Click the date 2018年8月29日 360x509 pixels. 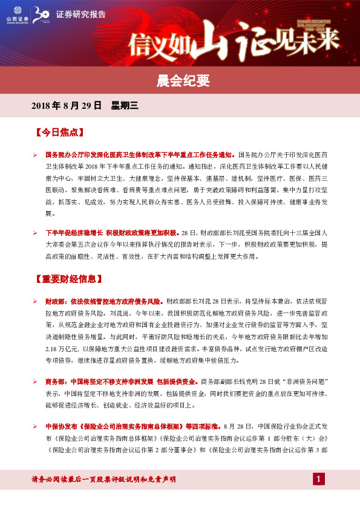pos(67,106)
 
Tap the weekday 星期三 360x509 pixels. pos(125,106)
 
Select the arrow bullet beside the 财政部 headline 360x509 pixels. pos(36,300)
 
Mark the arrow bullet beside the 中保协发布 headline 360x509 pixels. pos(36,426)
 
